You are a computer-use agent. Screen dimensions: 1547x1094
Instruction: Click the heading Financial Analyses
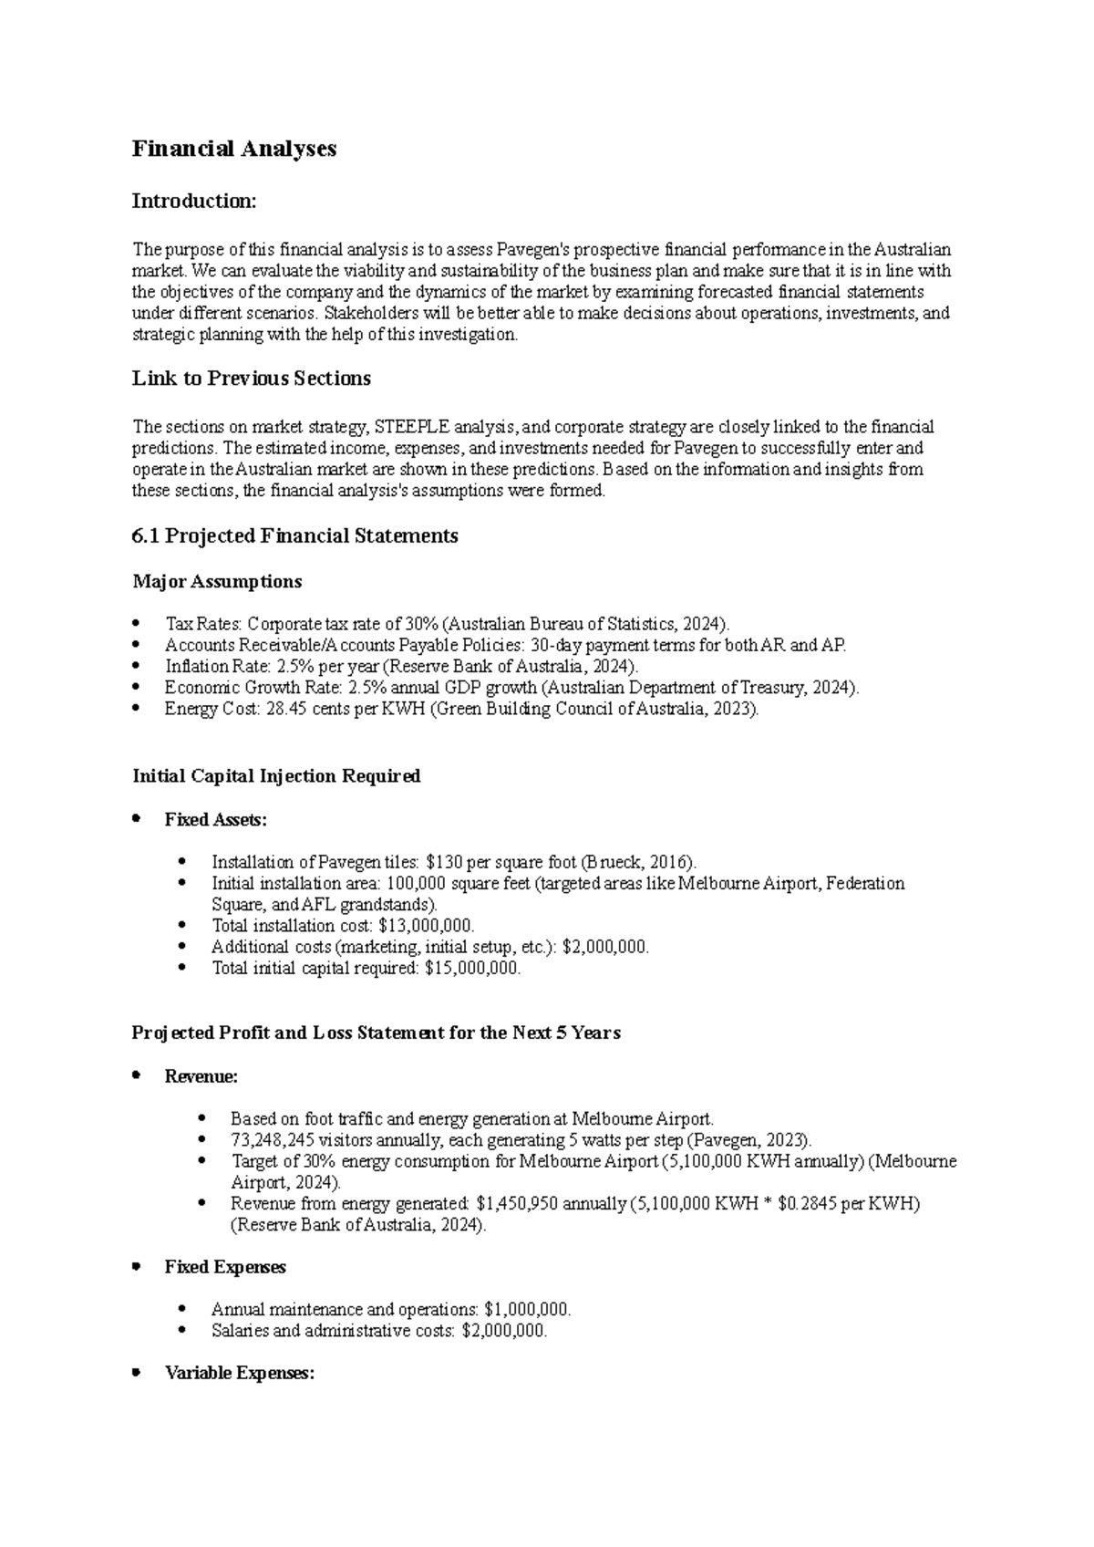234,149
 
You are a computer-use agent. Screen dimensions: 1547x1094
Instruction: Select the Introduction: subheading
194,201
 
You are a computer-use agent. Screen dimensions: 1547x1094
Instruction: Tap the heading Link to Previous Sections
251,379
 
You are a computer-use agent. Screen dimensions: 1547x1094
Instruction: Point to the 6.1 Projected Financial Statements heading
294,536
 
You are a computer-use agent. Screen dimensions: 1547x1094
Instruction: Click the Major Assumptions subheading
217,582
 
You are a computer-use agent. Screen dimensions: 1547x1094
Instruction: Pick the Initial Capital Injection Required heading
276,776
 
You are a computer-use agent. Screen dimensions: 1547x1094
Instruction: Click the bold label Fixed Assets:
216,820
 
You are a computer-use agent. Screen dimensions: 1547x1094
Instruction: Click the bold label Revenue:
201,1077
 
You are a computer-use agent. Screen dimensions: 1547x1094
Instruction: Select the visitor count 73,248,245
273,1140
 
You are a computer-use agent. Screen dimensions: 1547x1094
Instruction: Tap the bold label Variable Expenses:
239,1374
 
